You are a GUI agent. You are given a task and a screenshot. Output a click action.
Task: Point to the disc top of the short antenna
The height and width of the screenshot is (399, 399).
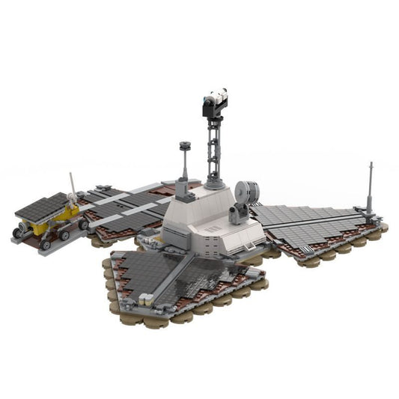184,144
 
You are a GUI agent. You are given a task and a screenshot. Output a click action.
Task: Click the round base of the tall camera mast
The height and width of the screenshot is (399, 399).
216,182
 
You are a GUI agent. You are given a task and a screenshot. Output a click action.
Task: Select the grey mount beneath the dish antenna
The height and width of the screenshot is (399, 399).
238,216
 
